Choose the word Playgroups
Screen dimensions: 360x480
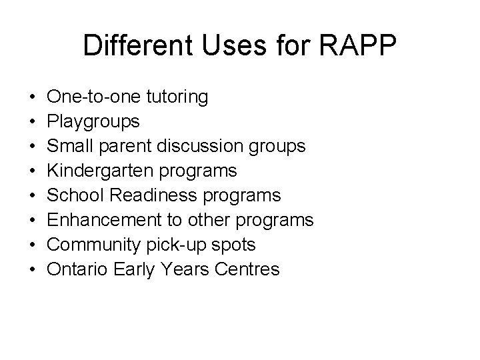93,122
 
